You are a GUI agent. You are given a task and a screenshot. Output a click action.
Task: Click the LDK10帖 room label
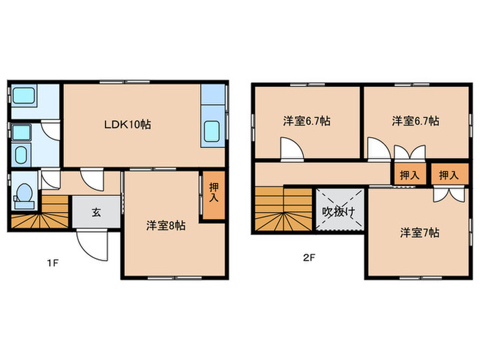click(x=128, y=125)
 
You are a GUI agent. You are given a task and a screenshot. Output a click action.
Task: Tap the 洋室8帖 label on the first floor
click(x=165, y=225)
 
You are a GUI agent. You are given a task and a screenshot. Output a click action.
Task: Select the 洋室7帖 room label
click(x=420, y=232)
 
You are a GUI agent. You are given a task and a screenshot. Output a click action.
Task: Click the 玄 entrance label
click(x=97, y=213)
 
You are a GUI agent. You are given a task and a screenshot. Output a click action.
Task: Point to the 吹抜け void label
click(x=339, y=211)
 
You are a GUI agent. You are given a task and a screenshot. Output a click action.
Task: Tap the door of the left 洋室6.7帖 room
click(x=289, y=148)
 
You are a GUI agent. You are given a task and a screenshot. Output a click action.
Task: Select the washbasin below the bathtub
click(x=23, y=154)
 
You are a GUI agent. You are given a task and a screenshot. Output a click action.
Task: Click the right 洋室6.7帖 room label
click(x=416, y=121)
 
